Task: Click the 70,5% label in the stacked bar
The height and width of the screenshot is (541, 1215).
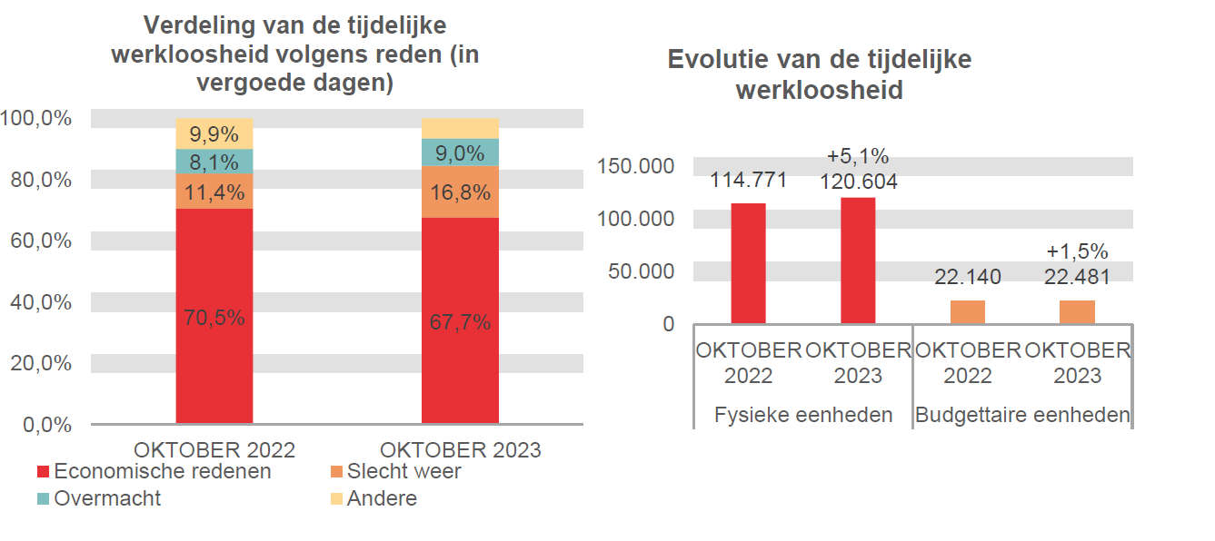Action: [214, 319]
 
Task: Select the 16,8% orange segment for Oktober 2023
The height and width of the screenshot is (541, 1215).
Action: [460, 192]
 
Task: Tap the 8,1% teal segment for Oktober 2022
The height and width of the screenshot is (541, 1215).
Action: [214, 162]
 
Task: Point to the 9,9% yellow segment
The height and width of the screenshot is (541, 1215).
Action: [214, 134]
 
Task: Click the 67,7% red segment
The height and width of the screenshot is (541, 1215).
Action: [460, 321]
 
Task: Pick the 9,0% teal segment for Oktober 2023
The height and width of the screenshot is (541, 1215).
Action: [460, 153]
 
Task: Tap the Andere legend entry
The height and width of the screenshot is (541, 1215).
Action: [373, 498]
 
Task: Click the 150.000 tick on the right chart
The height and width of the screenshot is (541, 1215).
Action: [636, 166]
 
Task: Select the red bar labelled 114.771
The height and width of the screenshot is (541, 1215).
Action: [748, 262]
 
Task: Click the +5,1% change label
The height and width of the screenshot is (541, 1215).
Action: [858, 156]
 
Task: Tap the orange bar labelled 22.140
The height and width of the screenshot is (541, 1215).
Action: [967, 311]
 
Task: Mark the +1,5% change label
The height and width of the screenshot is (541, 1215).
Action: [1077, 251]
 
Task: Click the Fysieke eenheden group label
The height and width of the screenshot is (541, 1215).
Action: [803, 415]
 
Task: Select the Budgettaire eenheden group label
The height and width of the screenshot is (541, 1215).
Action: [1022, 415]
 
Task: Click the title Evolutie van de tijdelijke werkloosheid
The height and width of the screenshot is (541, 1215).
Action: [819, 74]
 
